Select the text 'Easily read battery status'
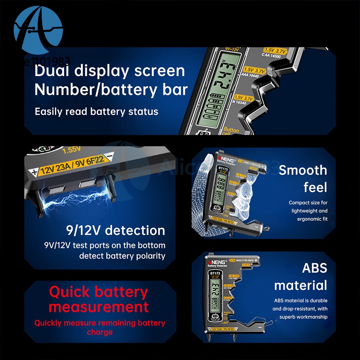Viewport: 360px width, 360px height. [96, 112]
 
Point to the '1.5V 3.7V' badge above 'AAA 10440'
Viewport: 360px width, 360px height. [254, 71]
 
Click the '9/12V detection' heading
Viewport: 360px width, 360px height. [115, 230]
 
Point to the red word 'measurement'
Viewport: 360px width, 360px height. [99, 307]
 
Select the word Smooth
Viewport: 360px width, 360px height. [303, 170]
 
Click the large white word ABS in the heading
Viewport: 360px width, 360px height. [314, 268]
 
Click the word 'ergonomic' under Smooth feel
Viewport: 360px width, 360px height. [309, 219]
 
